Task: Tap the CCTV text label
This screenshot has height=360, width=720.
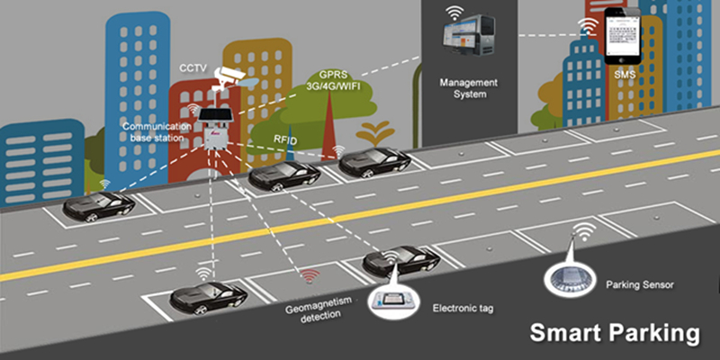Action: [x=193, y=67]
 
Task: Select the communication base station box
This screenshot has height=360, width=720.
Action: [x=213, y=130]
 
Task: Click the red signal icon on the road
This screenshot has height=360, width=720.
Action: [x=310, y=275]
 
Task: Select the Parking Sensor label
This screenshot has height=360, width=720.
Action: [x=640, y=283]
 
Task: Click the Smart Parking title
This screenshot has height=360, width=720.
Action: [x=613, y=333]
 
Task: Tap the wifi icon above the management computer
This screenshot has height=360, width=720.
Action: [x=455, y=12]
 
